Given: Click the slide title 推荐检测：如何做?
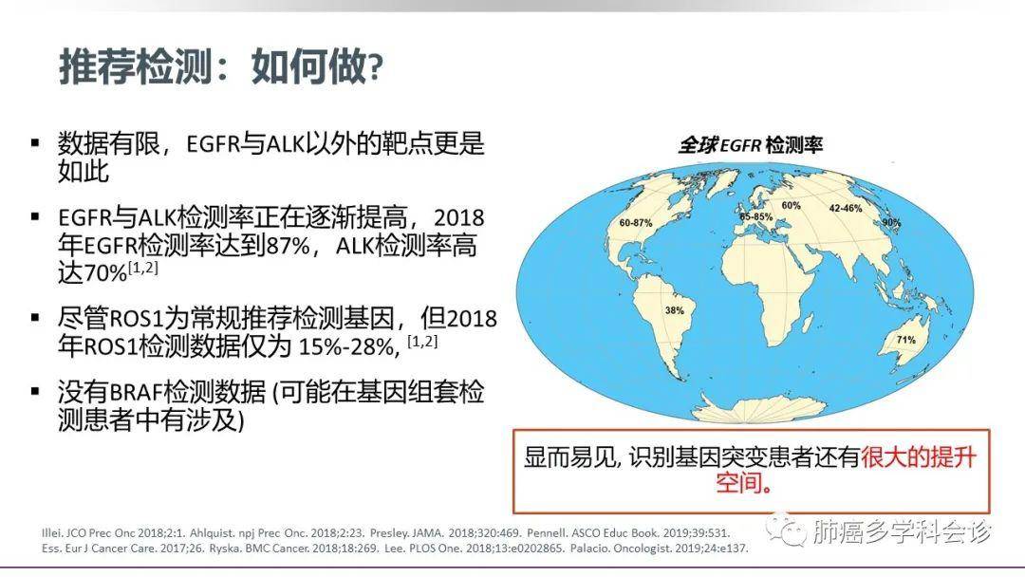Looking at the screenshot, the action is point(221,66).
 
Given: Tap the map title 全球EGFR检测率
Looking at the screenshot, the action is point(750,144).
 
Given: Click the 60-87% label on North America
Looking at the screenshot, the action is point(635,223).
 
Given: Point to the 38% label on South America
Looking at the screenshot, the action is point(674,310).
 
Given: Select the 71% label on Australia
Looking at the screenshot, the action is point(905,340).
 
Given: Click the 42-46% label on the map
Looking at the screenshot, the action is point(846,209).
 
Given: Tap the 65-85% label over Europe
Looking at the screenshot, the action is point(755,216).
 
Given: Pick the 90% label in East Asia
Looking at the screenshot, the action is point(891,223).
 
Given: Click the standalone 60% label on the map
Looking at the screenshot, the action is point(791,205).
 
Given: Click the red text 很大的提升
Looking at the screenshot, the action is point(919,456).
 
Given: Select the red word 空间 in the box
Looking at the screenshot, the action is point(738,483).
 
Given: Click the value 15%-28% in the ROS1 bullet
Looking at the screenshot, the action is point(346,346).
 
